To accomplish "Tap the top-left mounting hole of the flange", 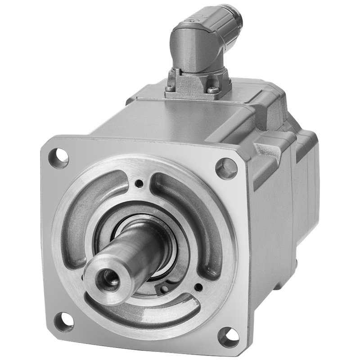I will (59, 158).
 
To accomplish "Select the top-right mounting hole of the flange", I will (226, 168).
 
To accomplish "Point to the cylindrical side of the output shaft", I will (135, 252).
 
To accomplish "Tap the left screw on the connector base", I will (170, 89).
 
